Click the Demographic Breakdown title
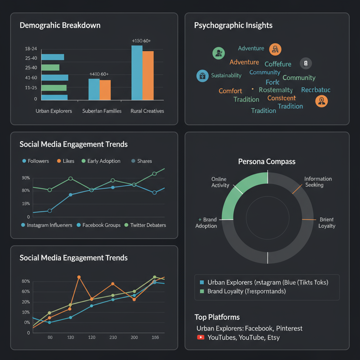pos(60,25)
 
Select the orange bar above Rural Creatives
pos(148,75)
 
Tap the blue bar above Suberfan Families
pos(94,89)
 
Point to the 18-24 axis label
pos(31,49)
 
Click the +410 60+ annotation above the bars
pos(99,74)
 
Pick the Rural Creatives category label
pos(147,111)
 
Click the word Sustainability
pos(226,75)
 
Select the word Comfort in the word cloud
pos(230,91)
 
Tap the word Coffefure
pos(278,64)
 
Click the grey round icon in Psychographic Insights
pos(306,63)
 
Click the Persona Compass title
pos(267,162)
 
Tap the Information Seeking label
pos(318,182)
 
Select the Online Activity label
pos(220,182)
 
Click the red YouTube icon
pos(201,337)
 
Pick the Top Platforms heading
pos(217,317)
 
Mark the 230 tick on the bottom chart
pos(113,337)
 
